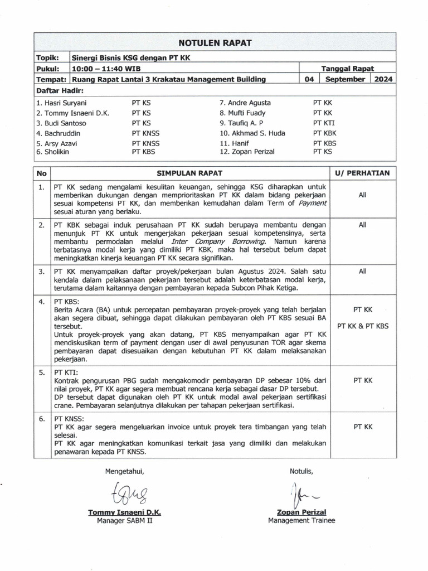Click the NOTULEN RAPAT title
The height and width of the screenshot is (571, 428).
(215, 43)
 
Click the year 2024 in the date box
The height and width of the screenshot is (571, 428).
(383, 79)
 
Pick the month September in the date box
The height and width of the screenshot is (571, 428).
(344, 79)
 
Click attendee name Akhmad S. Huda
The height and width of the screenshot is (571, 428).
(247, 134)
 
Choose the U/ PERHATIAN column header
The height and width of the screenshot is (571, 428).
(362, 173)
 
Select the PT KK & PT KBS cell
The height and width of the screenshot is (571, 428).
(363, 326)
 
